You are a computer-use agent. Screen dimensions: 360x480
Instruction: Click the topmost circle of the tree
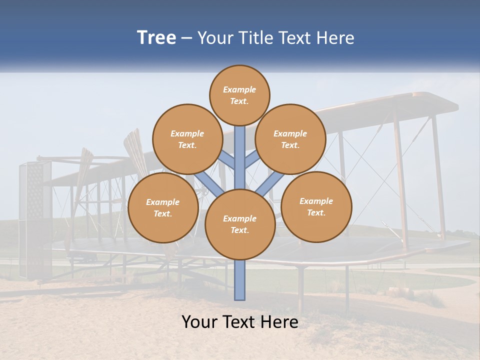click(239, 95)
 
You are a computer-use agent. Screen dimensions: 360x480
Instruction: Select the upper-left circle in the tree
click(187, 139)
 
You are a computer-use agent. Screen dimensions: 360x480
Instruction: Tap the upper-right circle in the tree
click(290, 139)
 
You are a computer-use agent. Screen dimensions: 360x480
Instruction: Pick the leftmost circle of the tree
click(162, 207)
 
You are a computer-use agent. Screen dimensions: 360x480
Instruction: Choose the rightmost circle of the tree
click(316, 206)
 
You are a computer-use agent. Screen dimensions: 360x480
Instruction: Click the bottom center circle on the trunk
click(240, 224)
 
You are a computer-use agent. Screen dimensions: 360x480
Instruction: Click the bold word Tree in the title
click(156, 37)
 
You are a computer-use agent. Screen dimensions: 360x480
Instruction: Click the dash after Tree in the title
click(186, 38)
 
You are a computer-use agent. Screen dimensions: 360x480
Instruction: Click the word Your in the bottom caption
click(198, 322)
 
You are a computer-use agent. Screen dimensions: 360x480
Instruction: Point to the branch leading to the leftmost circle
click(208, 182)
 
